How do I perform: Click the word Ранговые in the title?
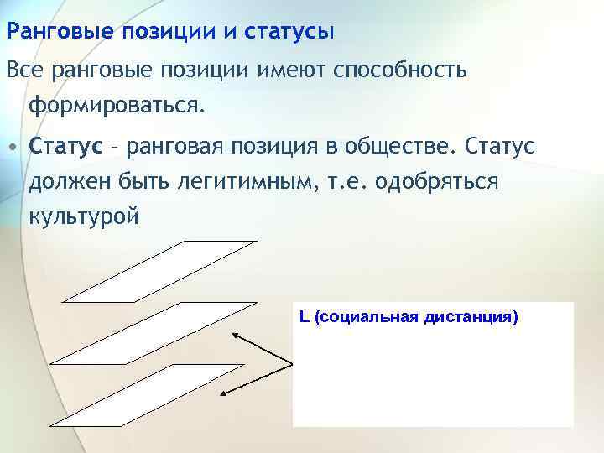point(60,33)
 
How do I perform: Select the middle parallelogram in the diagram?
point(151,332)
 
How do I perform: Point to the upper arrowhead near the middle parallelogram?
point(236,334)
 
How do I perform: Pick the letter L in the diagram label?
point(303,318)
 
